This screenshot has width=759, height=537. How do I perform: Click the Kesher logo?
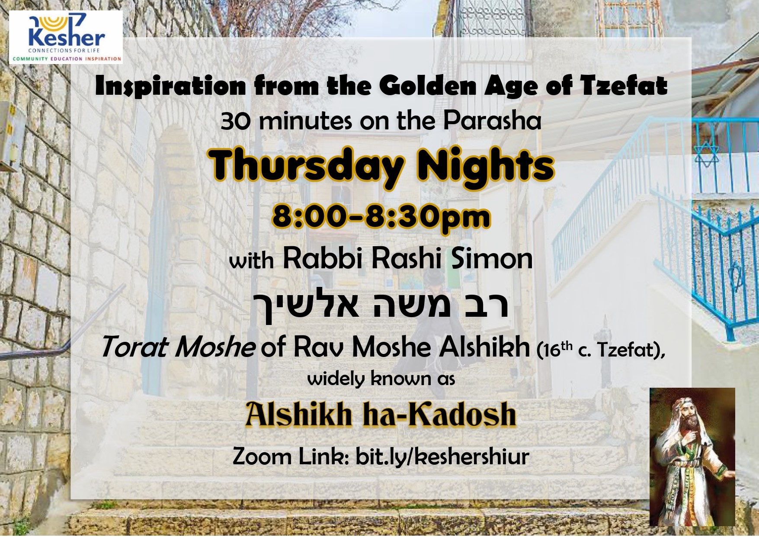pyautogui.click(x=66, y=37)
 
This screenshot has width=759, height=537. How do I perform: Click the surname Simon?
pyautogui.click(x=492, y=258)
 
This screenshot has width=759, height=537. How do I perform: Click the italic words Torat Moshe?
pyautogui.click(x=178, y=347)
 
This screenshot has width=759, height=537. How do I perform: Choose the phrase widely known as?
pyautogui.click(x=381, y=379)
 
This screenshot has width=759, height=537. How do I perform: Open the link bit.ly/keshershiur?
pyautogui.click(x=442, y=457)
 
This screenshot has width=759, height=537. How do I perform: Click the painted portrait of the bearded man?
pyautogui.click(x=692, y=457)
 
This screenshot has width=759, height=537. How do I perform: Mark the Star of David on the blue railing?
pyautogui.click(x=706, y=154)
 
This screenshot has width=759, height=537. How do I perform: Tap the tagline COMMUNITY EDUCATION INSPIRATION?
pyautogui.click(x=67, y=59)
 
